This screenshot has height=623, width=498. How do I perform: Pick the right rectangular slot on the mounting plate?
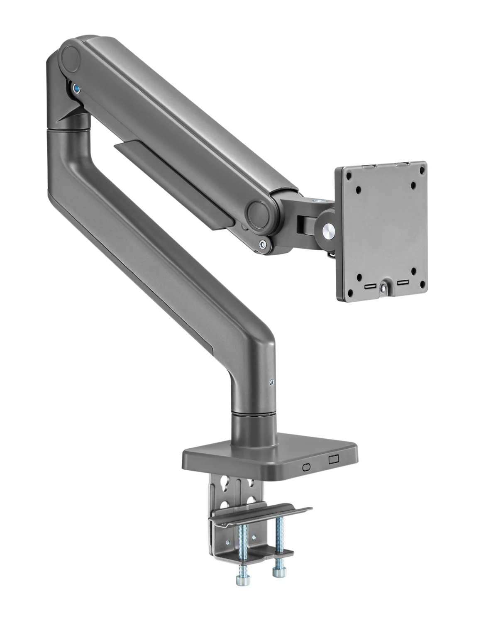pos(402,283)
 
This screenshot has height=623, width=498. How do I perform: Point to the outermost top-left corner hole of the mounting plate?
pos(344,173)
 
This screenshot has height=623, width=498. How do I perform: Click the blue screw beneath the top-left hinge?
pos(76,89)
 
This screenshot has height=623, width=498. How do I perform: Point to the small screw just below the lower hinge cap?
pos(262,245)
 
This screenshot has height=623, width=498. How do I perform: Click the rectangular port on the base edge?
pos(334,460)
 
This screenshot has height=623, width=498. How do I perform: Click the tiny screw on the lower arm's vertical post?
pos(271,383)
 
